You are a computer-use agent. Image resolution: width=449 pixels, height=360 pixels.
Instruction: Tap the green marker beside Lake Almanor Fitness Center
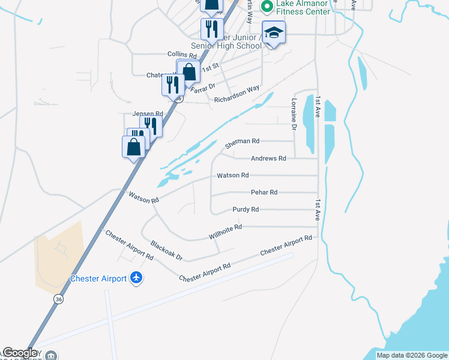coord(267,6)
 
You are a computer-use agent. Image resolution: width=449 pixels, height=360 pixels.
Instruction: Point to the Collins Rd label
coord(182,54)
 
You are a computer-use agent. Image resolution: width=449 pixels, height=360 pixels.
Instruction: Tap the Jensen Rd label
coord(148,113)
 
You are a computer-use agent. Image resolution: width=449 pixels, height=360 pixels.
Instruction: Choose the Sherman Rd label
coord(242,142)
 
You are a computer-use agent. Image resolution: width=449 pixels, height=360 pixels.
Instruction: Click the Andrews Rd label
coord(268,158)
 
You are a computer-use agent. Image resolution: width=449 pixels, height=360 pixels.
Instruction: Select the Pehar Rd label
coord(264,193)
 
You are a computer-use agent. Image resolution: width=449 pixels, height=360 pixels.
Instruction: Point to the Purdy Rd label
coord(246,209)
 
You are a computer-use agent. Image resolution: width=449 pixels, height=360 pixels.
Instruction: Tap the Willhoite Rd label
coord(225,232)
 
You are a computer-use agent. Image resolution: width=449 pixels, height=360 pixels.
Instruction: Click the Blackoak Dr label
coord(166,251)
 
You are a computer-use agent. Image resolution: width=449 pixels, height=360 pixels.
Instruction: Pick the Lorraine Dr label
coord(294,115)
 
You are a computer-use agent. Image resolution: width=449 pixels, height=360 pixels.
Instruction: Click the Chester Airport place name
coord(98,278)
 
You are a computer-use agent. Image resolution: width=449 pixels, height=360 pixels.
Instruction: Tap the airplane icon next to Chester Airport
coord(136,278)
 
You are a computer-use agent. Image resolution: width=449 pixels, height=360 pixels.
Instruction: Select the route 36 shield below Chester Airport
coord(58,299)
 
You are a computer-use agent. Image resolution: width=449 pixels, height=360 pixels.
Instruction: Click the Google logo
coord(19,353)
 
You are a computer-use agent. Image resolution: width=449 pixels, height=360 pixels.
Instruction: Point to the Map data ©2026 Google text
coord(412,355)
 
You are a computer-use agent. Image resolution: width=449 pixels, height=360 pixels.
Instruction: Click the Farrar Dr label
coord(202,85)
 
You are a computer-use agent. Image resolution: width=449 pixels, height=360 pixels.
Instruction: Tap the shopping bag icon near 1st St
coord(189,71)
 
